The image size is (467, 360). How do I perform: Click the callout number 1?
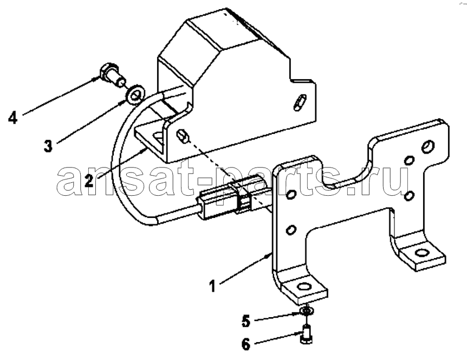[x=212, y=286]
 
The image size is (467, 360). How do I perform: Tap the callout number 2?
[x=89, y=181]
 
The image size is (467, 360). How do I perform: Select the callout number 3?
[x=48, y=146]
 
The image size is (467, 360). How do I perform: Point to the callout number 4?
[x=12, y=118]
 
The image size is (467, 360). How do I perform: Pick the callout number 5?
[x=246, y=322]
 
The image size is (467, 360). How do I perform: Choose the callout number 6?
[x=246, y=344]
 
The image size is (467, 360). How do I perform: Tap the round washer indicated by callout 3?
[x=136, y=94]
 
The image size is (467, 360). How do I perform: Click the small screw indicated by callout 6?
[x=306, y=335]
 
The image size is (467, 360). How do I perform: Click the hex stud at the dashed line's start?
[x=183, y=136]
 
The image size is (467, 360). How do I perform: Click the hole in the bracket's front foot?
[x=305, y=287]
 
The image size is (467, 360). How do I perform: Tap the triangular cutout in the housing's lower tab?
[x=158, y=138]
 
